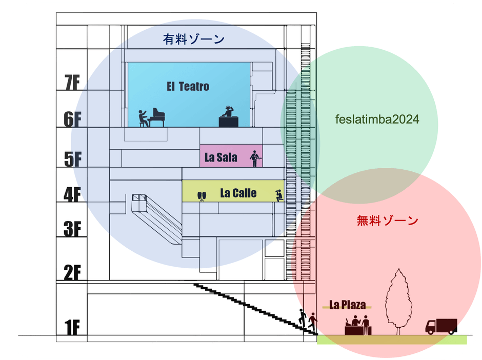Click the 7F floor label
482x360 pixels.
point(72,84)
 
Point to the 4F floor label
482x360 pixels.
point(72,194)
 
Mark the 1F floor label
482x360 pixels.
point(72,327)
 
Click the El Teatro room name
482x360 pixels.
point(188,87)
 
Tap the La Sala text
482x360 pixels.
point(220,157)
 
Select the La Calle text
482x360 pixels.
point(238,193)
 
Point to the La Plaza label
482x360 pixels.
point(348,306)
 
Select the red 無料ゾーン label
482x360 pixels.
point(387,222)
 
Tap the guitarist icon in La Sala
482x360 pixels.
point(254,158)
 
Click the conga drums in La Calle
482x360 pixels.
point(202,195)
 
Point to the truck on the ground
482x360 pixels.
point(440,326)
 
